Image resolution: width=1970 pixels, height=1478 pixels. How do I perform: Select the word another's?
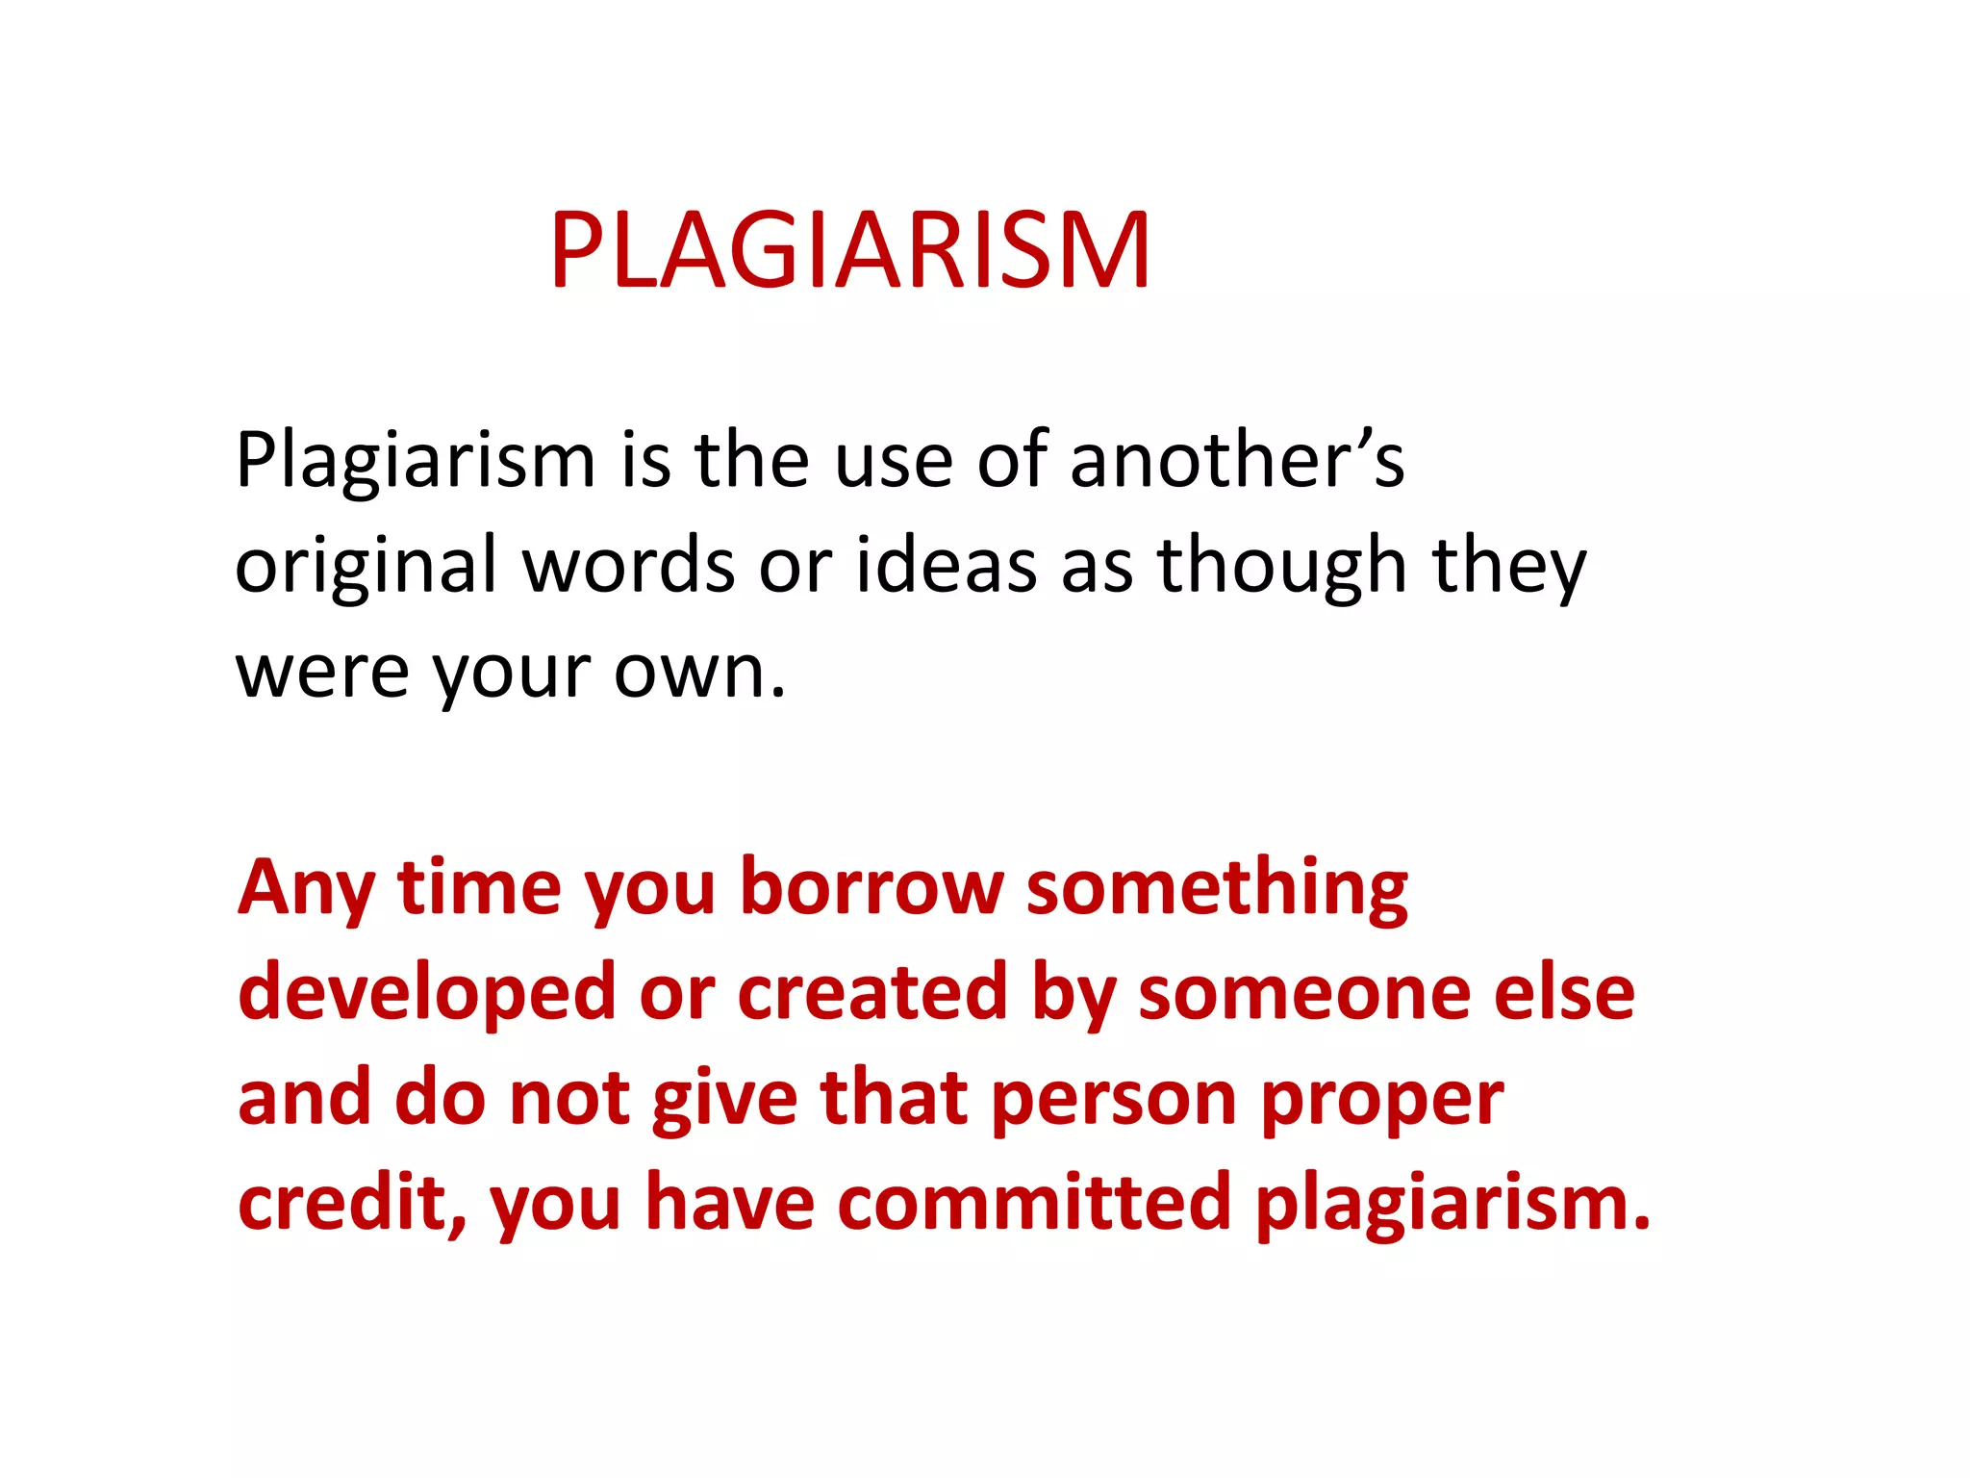tap(1237, 460)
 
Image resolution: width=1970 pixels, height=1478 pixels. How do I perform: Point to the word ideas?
tap(947, 565)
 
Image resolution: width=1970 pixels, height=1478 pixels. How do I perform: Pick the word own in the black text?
tap(700, 672)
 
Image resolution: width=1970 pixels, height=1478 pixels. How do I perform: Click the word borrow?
tap(871, 887)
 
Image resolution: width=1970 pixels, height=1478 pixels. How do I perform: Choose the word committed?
tap(1034, 1203)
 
